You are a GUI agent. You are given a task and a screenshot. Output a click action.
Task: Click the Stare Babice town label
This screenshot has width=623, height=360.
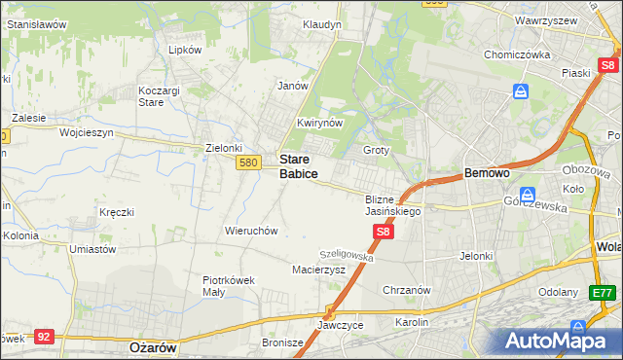click(298, 165)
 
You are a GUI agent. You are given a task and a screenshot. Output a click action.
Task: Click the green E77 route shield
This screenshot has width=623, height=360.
click(604, 292)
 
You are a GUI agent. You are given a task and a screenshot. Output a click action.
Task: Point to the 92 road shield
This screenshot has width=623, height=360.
click(44, 336)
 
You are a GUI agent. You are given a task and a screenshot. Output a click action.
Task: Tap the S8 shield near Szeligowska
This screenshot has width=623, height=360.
click(384, 232)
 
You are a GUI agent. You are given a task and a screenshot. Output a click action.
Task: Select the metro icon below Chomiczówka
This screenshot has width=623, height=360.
click(522, 91)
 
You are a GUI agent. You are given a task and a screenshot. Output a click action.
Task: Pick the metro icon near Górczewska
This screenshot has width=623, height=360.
click(529, 194)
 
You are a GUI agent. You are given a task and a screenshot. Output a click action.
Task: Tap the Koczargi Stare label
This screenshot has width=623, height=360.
click(150, 95)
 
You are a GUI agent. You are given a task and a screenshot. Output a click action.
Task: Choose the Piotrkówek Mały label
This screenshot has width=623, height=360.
click(228, 285)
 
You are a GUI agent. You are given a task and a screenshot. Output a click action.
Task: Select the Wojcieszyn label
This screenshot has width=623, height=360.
click(87, 131)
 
